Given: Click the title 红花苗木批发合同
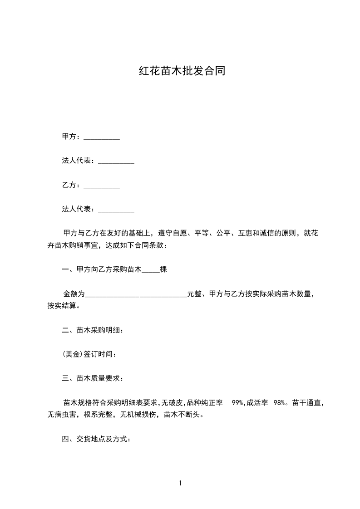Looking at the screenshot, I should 182,71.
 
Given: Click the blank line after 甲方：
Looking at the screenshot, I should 102,137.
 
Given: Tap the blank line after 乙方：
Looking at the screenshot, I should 102,186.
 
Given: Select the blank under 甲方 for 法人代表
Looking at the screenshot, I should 116,162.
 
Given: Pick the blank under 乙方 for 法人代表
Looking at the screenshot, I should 116,210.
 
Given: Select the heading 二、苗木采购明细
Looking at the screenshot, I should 93,330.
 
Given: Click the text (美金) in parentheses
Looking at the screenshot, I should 73,354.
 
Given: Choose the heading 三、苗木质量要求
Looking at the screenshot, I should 93,378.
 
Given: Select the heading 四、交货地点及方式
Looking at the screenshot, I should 96,439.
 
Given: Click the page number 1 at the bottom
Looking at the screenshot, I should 180,483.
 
